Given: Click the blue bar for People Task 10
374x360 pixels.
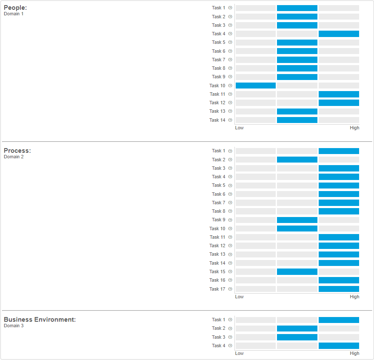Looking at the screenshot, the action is pyautogui.click(x=255, y=86).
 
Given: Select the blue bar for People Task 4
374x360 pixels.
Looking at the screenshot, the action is pyautogui.click(x=339, y=34).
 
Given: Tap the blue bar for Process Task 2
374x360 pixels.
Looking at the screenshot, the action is pyautogui.click(x=297, y=160).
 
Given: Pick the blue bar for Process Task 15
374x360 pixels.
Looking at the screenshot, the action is pyautogui.click(x=297, y=271).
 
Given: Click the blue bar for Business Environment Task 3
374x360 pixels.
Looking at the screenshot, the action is pyautogui.click(x=297, y=337).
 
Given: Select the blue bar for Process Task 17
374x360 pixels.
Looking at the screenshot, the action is pyautogui.click(x=339, y=289).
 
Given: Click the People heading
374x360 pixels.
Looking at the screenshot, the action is pyautogui.click(x=15, y=8).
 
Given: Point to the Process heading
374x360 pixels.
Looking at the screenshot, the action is pyautogui.click(x=17, y=151).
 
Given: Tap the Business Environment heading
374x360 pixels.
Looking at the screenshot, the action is pyautogui.click(x=40, y=320).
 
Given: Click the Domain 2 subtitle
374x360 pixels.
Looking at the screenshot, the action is pyautogui.click(x=14, y=157).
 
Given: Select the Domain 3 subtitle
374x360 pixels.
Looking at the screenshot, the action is pyautogui.click(x=14, y=326).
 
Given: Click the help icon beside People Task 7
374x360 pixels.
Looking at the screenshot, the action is pyautogui.click(x=230, y=60).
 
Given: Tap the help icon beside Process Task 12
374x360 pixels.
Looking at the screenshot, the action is pyautogui.click(x=230, y=246).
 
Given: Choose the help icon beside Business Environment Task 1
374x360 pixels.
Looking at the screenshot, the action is pyautogui.click(x=230, y=320).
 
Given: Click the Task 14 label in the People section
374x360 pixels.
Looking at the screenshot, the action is pyautogui.click(x=217, y=120).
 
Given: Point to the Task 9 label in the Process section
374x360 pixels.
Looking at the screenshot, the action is pyautogui.click(x=218, y=220).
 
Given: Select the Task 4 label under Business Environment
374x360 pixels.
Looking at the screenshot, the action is pyautogui.click(x=218, y=346).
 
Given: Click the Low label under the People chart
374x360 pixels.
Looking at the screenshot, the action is pyautogui.click(x=239, y=128).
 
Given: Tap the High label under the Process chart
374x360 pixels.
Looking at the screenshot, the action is pyautogui.click(x=354, y=297).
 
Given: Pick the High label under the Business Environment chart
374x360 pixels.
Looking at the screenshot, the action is pyautogui.click(x=354, y=353).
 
